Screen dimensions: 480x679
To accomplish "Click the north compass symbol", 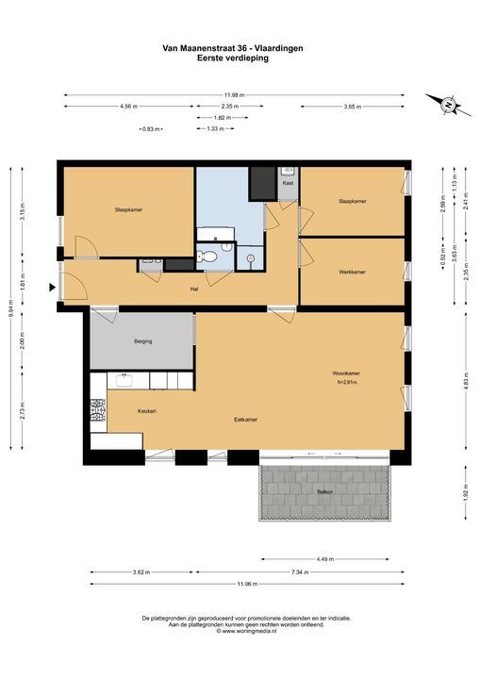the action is click(448, 105).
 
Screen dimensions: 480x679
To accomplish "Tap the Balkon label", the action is click(325, 492).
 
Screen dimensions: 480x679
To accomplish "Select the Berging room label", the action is click(143, 341).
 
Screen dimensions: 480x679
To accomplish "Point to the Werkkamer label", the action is click(352, 272).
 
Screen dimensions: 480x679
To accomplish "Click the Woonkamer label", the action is click(346, 373).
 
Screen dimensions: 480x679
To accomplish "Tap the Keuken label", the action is click(147, 411).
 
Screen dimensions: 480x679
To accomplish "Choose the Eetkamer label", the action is click(245, 420).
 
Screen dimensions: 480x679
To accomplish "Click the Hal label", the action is click(194, 289).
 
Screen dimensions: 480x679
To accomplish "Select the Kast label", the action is click(288, 183).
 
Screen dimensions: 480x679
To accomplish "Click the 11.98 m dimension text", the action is click(234, 95).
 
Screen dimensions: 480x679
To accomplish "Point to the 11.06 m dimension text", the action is click(247, 584).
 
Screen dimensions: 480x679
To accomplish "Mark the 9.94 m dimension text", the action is click(10, 308).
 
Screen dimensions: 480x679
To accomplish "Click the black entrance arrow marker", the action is click(53, 287).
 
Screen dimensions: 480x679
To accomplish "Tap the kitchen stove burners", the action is click(98, 410).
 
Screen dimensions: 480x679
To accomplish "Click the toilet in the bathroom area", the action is click(207, 257).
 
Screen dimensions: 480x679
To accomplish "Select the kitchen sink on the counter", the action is click(124, 380).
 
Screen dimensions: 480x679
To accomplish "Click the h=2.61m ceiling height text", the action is click(347, 382).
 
